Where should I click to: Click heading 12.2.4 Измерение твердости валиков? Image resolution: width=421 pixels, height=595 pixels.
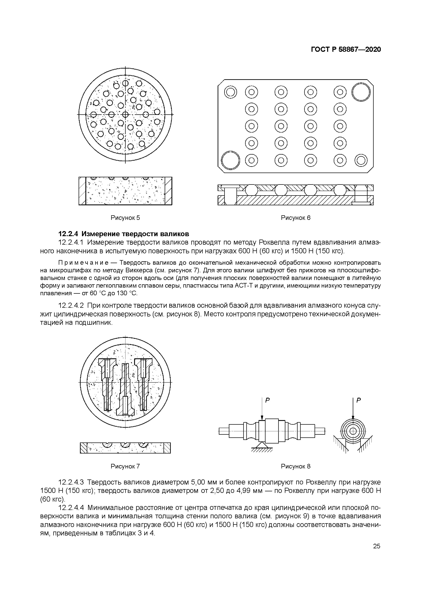point(124,234)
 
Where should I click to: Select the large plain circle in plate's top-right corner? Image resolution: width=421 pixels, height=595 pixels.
point(361,92)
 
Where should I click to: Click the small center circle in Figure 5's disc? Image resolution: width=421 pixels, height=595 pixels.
point(125,114)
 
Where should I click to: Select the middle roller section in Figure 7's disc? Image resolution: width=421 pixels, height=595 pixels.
point(125,389)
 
